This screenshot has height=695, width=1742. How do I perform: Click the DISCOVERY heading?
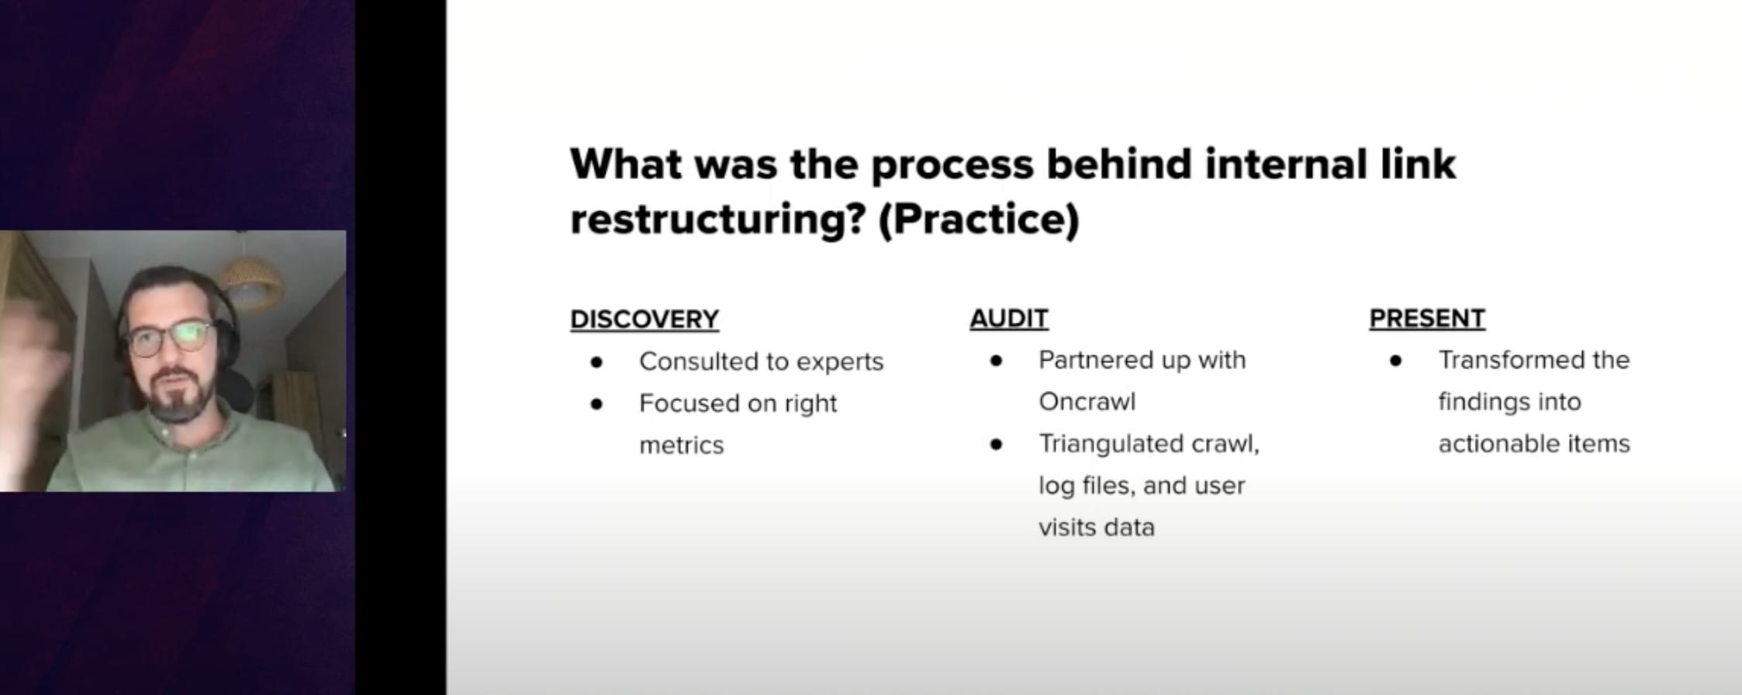pos(645,320)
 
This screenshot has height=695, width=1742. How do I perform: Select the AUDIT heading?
pos(1008,318)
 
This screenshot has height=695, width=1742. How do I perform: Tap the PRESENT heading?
pos(1427,318)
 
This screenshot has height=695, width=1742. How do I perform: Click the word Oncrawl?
pos(1087,402)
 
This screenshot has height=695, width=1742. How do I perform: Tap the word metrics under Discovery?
pos(681,445)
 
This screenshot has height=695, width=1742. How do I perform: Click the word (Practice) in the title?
pos(979,220)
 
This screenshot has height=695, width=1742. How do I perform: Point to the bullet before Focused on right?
pos(596,403)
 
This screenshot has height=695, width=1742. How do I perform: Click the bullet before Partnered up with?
pos(997,360)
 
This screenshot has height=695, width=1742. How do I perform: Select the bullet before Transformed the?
pos(1396,360)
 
